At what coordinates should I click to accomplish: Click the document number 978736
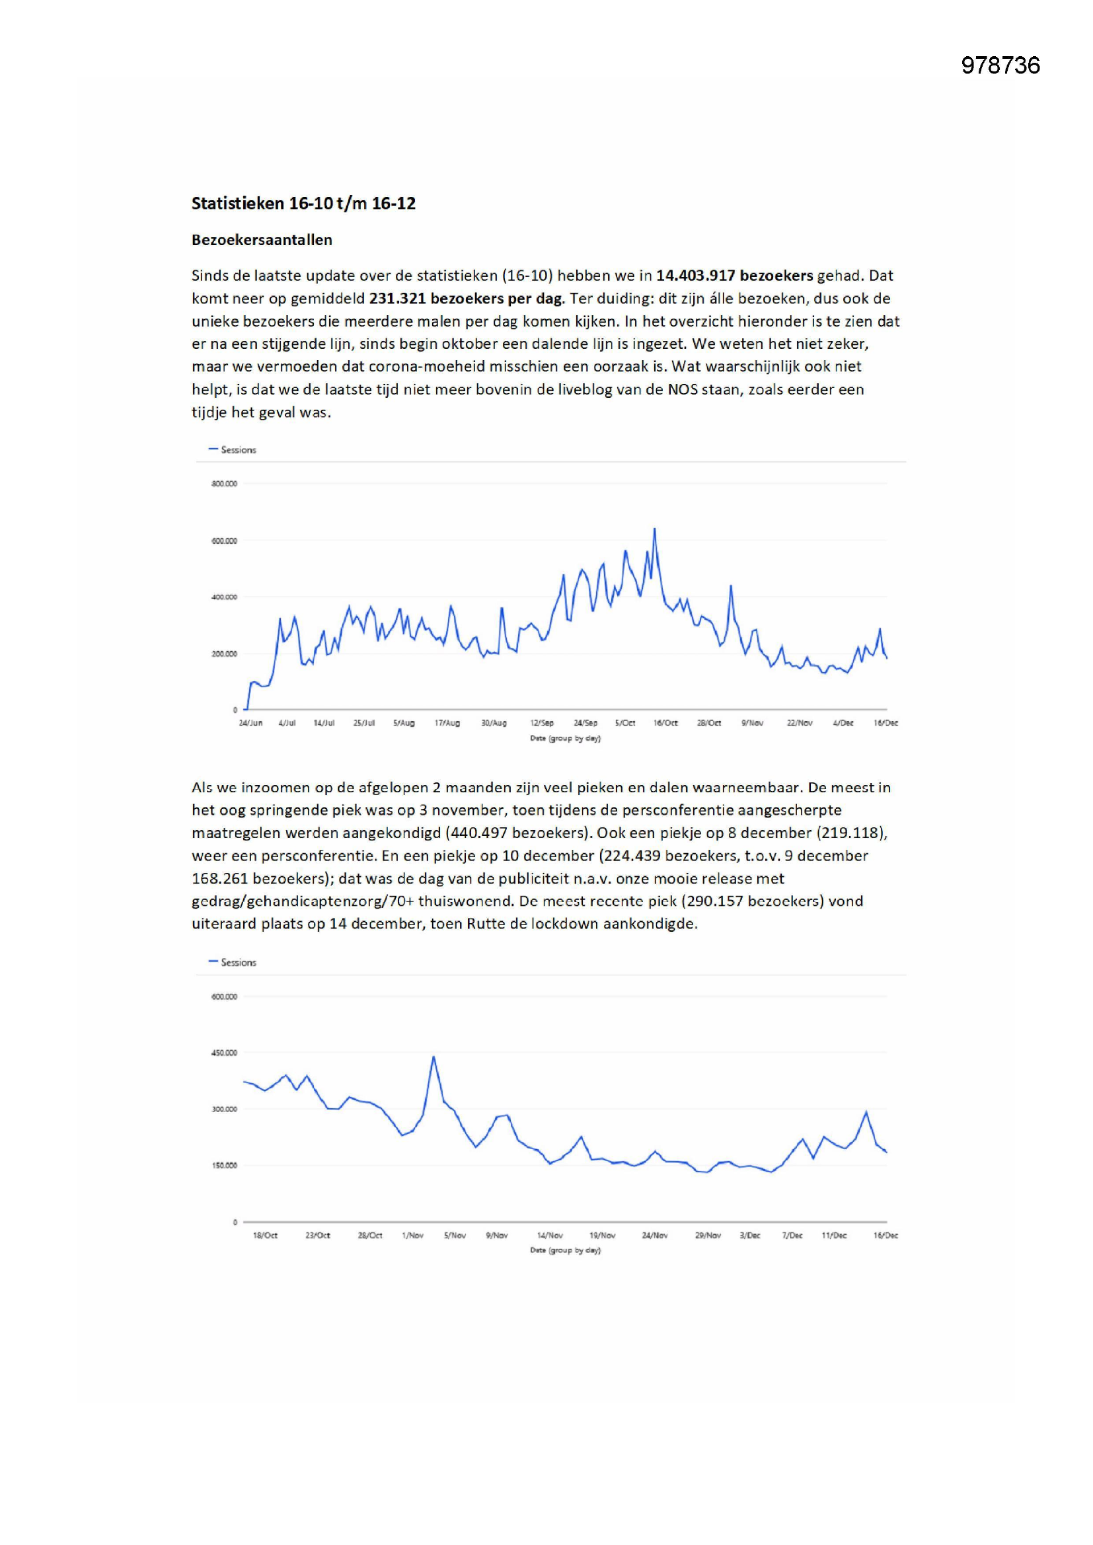1000,65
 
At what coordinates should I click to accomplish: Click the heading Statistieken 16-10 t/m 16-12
303,204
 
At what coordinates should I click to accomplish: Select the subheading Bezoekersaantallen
262,241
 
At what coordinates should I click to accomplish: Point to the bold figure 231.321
397,299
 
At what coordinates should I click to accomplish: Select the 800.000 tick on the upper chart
224,484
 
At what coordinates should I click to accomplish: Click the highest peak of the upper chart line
654,529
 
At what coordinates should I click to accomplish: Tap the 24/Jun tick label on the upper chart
250,723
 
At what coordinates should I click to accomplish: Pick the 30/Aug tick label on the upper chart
494,723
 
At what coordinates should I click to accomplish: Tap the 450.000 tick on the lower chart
224,1053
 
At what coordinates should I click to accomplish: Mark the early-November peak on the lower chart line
433,1057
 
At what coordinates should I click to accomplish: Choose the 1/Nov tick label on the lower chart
412,1236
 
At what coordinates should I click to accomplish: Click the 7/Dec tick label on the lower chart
792,1236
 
